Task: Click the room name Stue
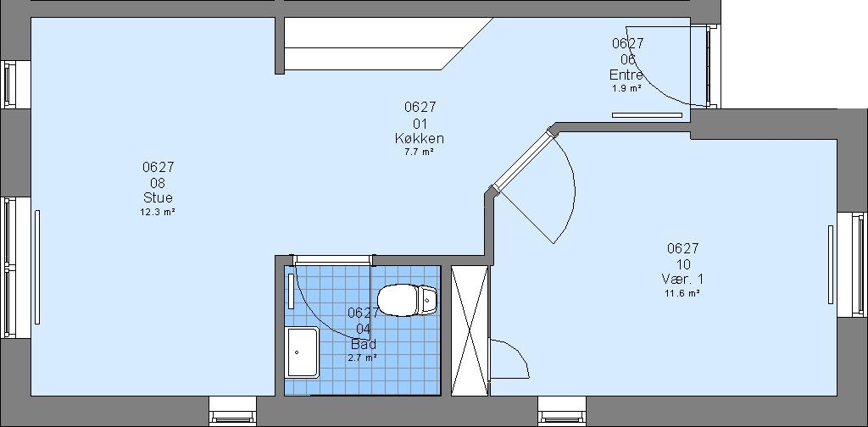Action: (x=158, y=197)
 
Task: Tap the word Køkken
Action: (x=419, y=138)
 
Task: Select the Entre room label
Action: (x=626, y=75)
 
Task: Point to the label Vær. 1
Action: (x=682, y=279)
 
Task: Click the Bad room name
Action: (x=363, y=344)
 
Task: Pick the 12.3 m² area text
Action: (x=158, y=211)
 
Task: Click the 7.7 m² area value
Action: (x=419, y=152)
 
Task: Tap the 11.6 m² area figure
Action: (x=682, y=293)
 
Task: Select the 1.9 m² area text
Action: (x=626, y=88)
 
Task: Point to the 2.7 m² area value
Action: (x=363, y=358)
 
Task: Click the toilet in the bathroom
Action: (x=407, y=300)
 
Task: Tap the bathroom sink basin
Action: (x=303, y=352)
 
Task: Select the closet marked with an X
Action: (x=470, y=330)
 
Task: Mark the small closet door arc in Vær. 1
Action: (x=515, y=357)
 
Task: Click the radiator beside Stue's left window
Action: (x=37, y=267)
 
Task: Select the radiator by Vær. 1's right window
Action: (x=831, y=264)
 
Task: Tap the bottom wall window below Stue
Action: (x=233, y=411)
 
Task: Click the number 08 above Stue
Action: (x=158, y=183)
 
